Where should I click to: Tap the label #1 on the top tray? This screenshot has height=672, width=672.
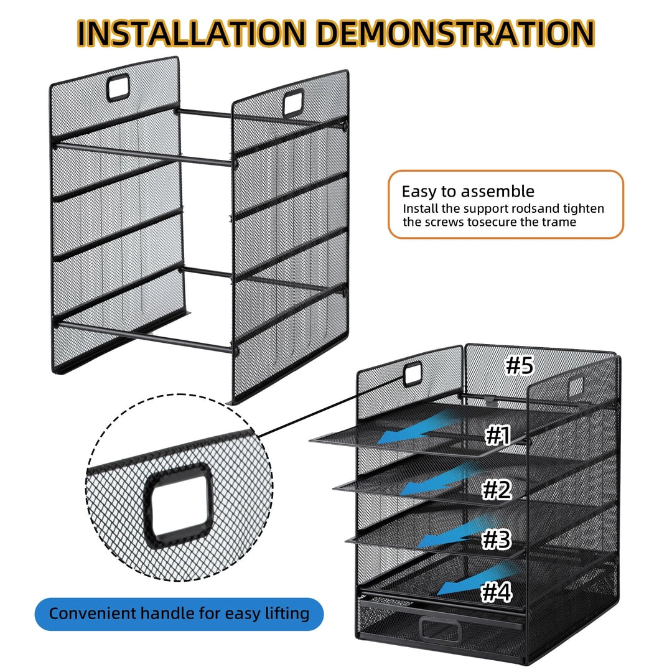click(498, 436)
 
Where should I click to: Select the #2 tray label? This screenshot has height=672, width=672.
click(497, 490)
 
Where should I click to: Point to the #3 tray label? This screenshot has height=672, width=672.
click(497, 539)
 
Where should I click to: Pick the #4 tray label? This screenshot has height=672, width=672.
click(497, 592)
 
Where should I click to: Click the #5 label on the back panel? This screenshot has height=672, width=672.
click(519, 365)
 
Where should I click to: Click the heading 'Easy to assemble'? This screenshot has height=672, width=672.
click(467, 191)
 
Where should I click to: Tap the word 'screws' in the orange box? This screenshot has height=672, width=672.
click(444, 222)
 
